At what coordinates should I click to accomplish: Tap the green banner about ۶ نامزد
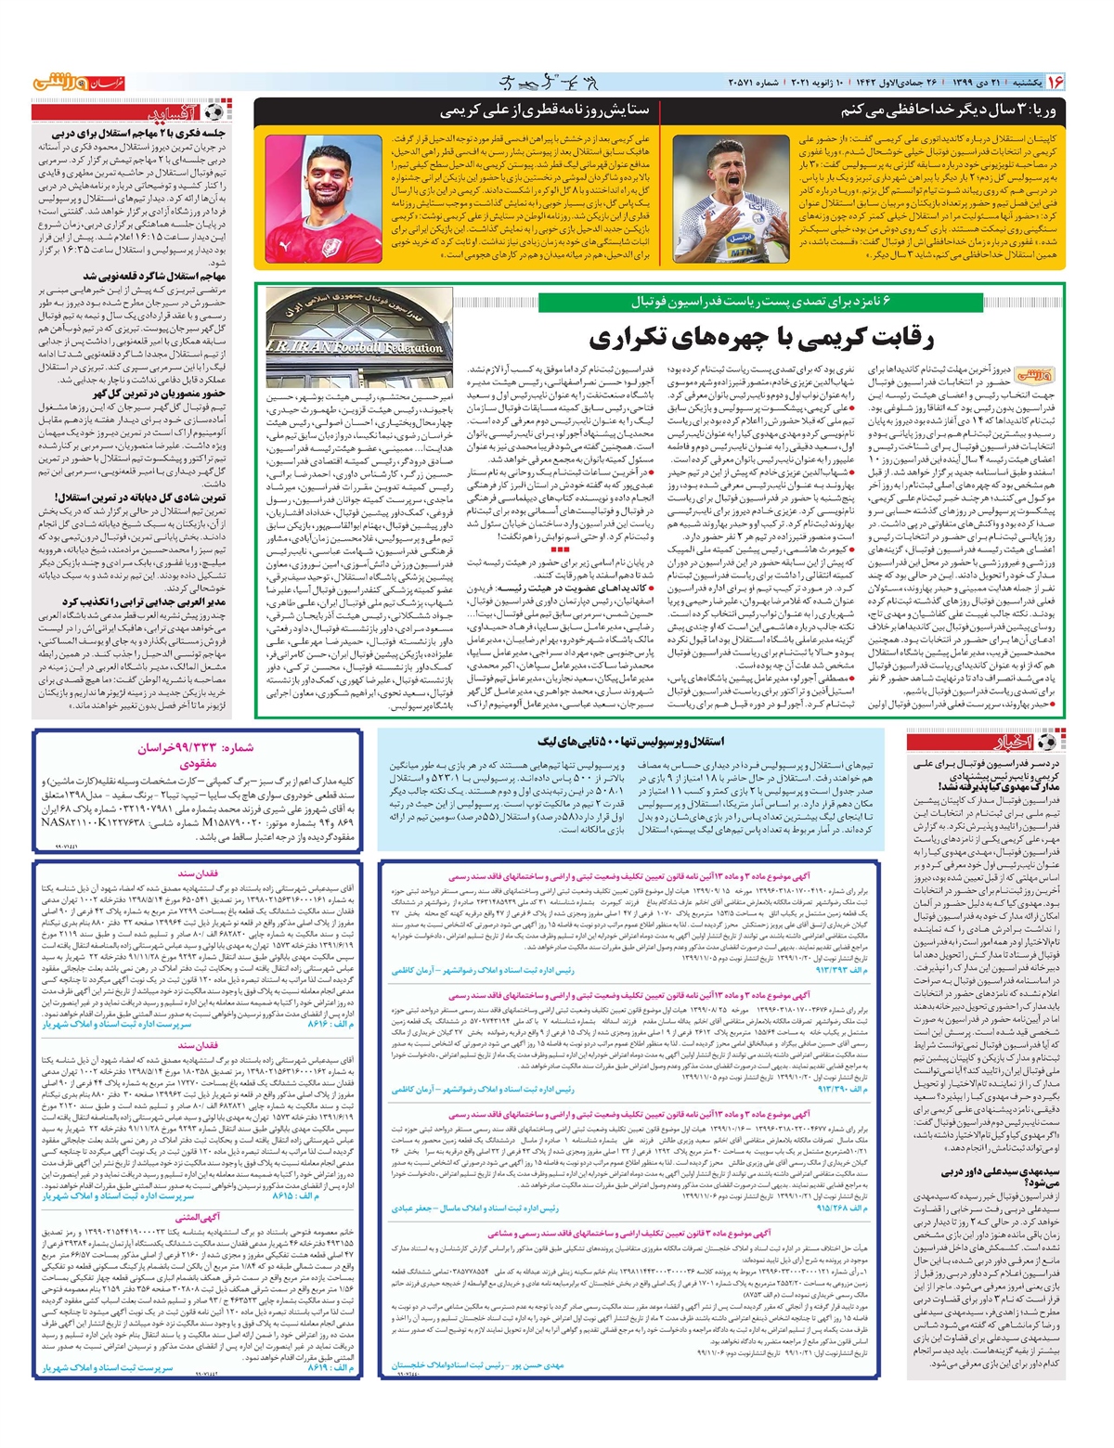(760, 302)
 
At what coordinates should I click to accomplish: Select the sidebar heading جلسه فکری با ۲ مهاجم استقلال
(136, 134)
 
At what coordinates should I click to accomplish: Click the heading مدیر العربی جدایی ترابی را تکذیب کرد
(144, 601)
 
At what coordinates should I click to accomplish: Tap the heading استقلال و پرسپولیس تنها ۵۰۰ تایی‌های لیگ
(631, 742)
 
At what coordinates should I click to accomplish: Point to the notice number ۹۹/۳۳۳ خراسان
(196, 747)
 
